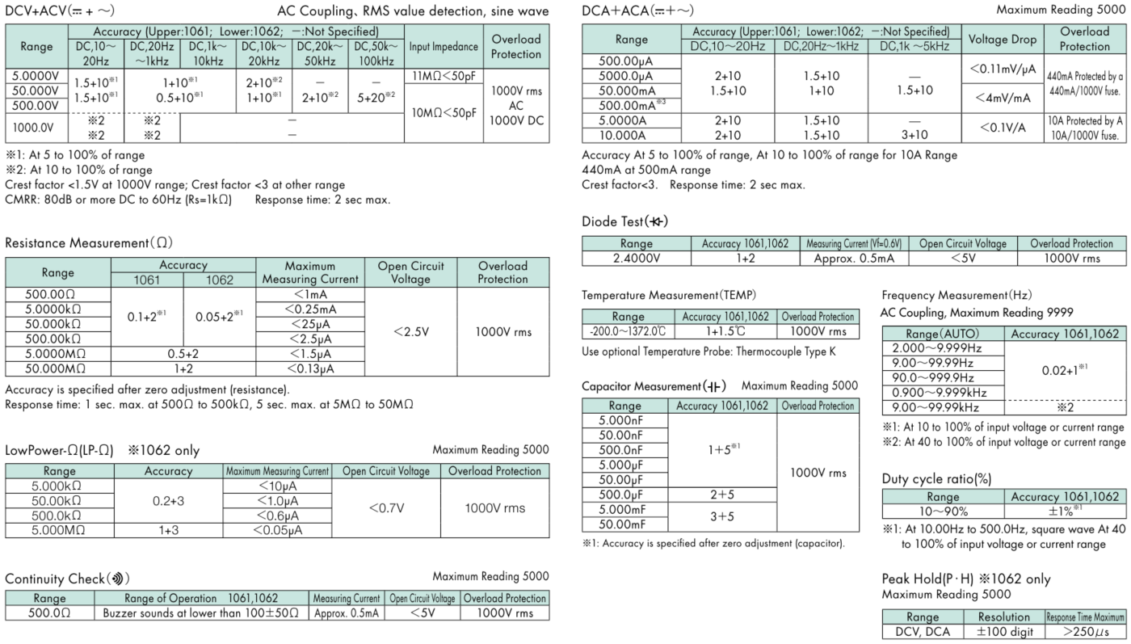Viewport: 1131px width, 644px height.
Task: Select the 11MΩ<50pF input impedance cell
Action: tap(443, 75)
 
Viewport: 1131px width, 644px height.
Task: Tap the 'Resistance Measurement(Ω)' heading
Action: tap(89, 242)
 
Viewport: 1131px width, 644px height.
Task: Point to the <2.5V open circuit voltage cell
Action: tap(411, 331)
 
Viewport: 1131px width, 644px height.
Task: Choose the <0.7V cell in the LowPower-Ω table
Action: tap(386, 508)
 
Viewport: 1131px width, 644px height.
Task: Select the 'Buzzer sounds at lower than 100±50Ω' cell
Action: tap(202, 612)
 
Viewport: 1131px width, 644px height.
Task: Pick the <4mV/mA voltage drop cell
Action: tap(1002, 98)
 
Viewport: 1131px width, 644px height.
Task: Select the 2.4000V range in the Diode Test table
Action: tap(636, 258)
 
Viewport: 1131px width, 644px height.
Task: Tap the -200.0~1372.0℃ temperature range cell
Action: tap(628, 331)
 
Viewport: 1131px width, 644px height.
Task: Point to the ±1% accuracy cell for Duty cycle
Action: tap(1066, 511)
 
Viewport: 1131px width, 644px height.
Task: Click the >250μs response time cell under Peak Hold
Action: tap(1085, 631)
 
